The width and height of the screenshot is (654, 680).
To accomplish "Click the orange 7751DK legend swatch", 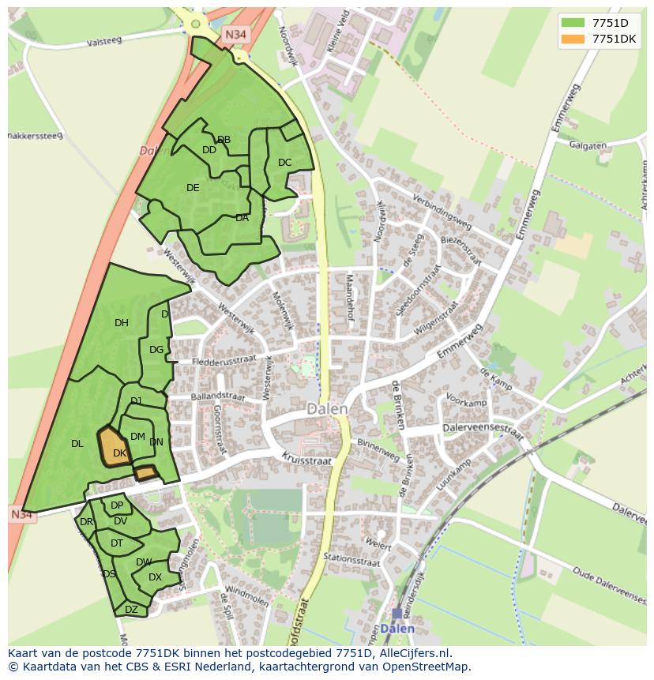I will coord(575,39).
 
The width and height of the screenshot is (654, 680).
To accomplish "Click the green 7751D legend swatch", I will coord(575,21).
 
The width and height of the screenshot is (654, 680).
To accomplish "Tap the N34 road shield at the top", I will coord(235,35).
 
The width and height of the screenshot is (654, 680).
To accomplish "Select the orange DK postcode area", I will coord(115,447).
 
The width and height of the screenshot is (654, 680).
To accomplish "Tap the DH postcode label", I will coord(121,322).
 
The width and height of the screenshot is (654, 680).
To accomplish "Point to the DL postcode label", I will coord(77,444).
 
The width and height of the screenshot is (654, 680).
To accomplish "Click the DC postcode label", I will coord(285,163).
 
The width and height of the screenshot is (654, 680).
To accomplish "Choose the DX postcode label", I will coord(155,577).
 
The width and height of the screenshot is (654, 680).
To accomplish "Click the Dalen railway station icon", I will coord(397,613).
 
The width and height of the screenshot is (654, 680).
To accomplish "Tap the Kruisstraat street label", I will coord(306,459).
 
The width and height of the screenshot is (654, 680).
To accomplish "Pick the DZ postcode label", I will coord(131,609).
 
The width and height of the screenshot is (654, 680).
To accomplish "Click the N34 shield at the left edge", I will coord(21,515).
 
